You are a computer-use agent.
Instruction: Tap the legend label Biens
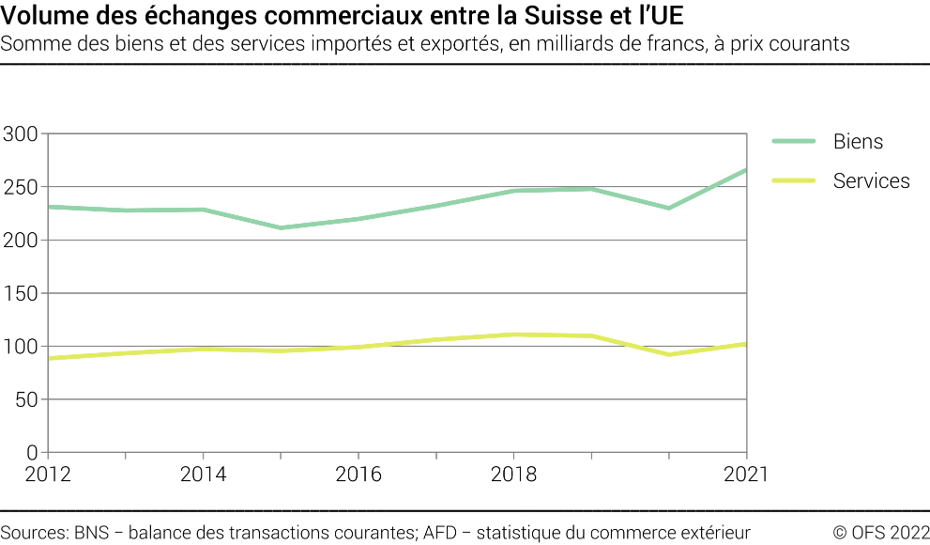[858, 142]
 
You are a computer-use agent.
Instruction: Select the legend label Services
[871, 180]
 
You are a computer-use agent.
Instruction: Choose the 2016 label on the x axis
[358, 475]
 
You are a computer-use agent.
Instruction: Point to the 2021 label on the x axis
[745, 475]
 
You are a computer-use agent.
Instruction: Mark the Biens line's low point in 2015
[281, 227]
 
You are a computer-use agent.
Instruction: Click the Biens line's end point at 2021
[746, 170]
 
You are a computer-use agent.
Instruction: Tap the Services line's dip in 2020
[669, 354]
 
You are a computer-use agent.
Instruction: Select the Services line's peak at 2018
[513, 335]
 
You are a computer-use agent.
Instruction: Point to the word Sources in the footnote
[33, 532]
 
